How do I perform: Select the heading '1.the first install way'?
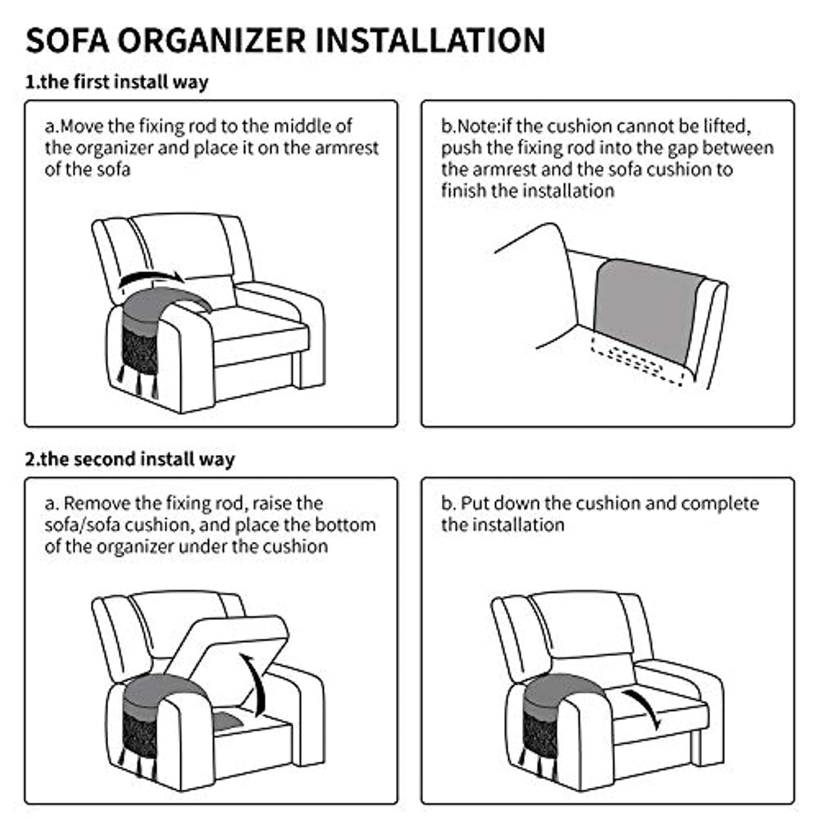tap(117, 82)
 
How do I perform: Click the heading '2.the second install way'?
tap(130, 459)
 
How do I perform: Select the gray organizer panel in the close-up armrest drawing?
tap(648, 311)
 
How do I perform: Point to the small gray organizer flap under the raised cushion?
tap(228, 722)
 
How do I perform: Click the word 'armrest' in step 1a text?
tap(346, 148)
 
